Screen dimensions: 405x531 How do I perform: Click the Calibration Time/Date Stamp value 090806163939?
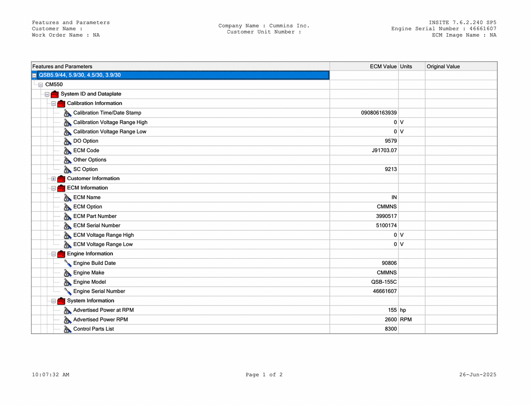click(x=379, y=113)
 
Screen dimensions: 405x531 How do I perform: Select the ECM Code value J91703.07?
click(x=384, y=151)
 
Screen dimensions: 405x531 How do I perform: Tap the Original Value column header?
click(x=443, y=67)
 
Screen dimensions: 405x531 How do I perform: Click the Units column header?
click(x=406, y=67)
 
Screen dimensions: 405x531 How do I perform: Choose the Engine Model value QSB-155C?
click(x=384, y=282)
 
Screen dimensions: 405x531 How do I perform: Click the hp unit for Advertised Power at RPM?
click(x=403, y=310)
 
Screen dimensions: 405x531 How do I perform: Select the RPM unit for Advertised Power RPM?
click(x=405, y=320)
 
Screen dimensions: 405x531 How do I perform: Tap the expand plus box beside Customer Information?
click(x=54, y=179)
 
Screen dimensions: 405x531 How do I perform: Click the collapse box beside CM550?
click(x=41, y=85)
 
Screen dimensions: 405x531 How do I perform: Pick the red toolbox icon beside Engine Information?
click(x=61, y=254)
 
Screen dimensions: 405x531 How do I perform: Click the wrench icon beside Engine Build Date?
click(x=67, y=263)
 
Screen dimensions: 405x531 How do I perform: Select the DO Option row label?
click(x=86, y=141)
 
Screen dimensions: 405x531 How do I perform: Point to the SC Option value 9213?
click(x=391, y=169)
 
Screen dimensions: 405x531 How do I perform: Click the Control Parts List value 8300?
click(x=391, y=329)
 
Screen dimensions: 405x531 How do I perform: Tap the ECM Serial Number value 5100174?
click(x=386, y=225)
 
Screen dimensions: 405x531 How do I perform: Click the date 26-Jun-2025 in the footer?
click(x=478, y=375)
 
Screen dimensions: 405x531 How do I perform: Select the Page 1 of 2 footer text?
click(x=264, y=375)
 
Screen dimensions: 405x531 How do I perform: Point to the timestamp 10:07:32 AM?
click(x=50, y=375)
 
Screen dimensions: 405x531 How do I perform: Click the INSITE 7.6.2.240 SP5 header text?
click(x=462, y=23)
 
